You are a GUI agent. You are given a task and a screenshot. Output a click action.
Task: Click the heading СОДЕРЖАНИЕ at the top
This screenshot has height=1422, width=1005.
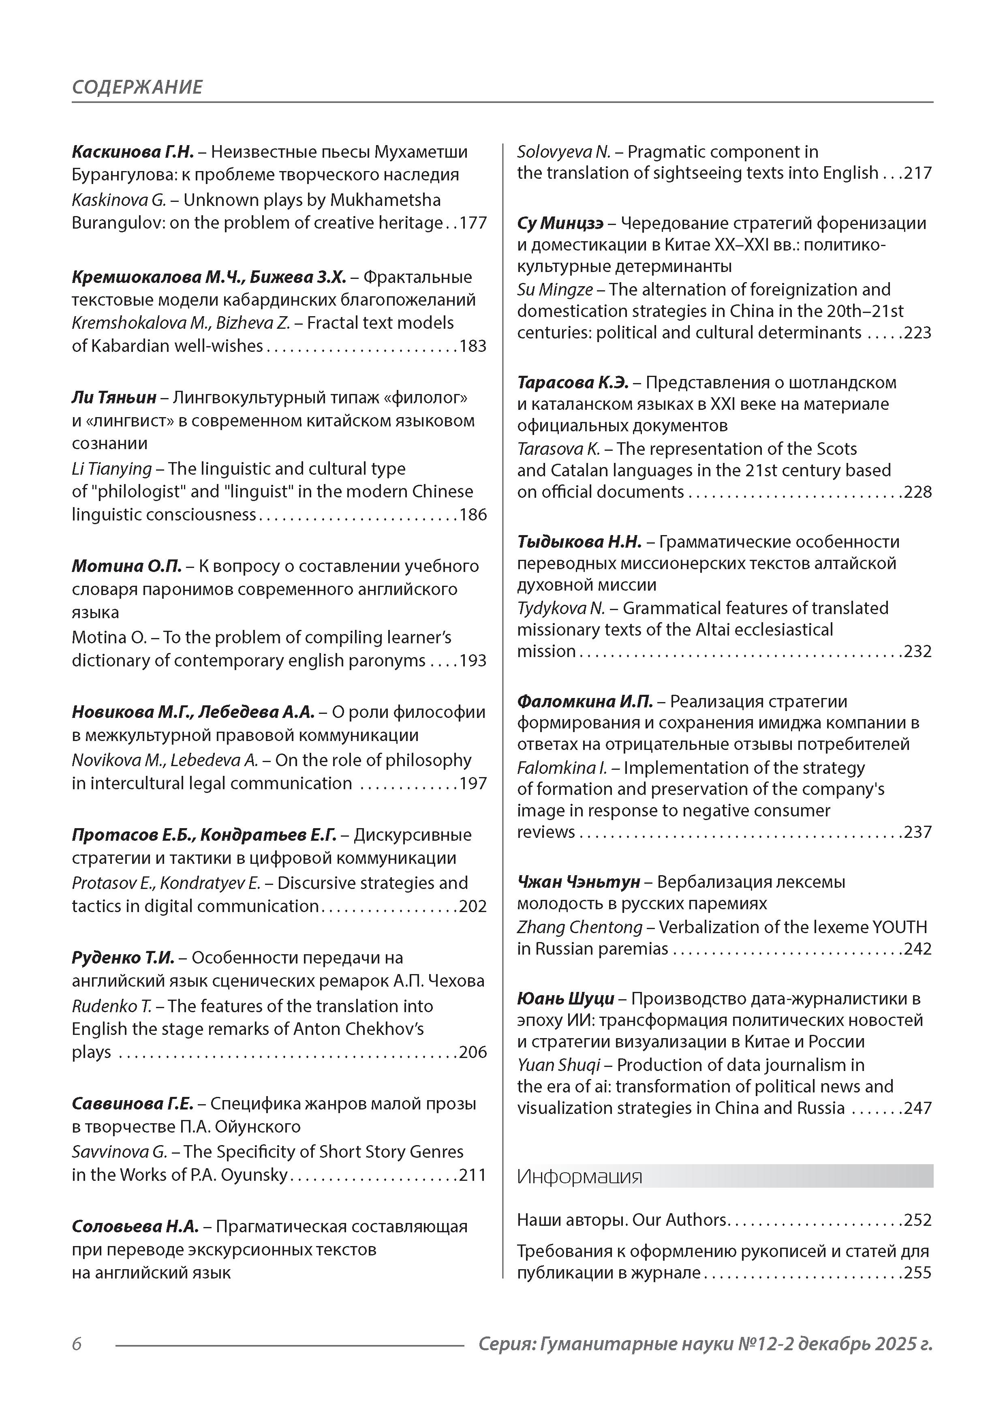tap(137, 87)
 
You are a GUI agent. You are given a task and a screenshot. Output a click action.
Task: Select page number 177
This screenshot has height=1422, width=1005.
tap(473, 223)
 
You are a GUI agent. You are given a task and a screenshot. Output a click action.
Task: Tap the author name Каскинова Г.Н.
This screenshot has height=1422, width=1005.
tap(133, 152)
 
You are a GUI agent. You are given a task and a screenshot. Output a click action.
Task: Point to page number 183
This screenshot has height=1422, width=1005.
tap(473, 346)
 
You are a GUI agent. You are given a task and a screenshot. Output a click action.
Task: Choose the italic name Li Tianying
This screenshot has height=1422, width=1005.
tap(111, 469)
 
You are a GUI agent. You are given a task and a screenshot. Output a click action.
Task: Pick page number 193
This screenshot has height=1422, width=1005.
tap(473, 661)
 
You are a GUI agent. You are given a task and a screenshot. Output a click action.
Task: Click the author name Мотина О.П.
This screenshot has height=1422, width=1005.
tap(126, 566)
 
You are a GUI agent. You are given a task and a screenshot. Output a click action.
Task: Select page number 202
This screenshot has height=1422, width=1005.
tap(473, 906)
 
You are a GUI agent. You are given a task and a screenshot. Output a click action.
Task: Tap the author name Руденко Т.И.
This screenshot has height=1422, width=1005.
tap(123, 957)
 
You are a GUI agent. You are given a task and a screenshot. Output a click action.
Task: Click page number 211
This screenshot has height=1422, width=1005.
tap(473, 1175)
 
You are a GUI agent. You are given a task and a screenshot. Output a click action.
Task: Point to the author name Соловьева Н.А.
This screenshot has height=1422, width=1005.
tap(135, 1226)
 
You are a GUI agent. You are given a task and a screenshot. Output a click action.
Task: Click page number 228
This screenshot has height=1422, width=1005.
tap(918, 492)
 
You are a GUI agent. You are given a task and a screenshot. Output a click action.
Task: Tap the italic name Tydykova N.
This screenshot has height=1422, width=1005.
tap(560, 608)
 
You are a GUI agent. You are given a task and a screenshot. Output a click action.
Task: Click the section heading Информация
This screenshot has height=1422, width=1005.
tap(579, 1176)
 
